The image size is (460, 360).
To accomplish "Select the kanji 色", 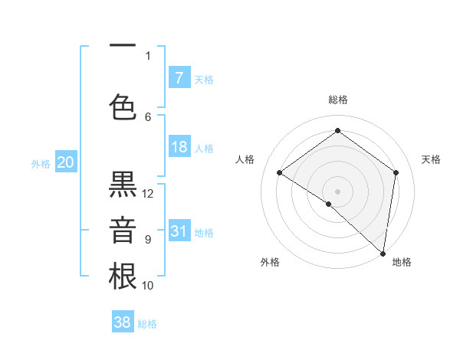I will coord(123,108).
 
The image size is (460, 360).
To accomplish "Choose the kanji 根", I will coord(123,277).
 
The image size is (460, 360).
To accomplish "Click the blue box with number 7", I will coord(179,77).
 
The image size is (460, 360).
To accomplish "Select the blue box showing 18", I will coord(179,147).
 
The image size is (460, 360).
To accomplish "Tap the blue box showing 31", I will coord(179,231).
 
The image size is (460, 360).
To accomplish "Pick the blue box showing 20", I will coord(66,162).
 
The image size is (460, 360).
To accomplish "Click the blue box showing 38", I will coord(123,322).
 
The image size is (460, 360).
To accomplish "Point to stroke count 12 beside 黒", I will coord(149,193).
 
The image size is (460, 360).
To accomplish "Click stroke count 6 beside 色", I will coord(149,116).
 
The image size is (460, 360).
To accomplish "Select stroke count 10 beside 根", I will coord(149,285).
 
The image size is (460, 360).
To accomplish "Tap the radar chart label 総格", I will coord(338,100).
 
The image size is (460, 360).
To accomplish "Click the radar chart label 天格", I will coord(432,159).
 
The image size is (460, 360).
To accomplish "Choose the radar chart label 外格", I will coord(270,262).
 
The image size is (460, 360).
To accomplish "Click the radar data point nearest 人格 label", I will coord(280,172).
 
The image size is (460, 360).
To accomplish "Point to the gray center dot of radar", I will coord(337,191).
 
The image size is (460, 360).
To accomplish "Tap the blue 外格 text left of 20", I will coord(40,163).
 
